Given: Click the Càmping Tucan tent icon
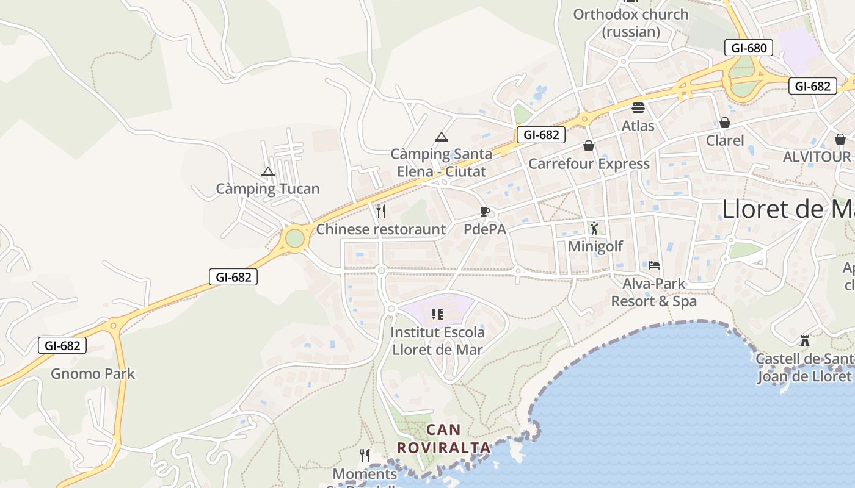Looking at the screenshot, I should pos(267,172).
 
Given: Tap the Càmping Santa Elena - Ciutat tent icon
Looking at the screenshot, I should pos(442,137).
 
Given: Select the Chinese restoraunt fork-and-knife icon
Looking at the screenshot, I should pos(381,211).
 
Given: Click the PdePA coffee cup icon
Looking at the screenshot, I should pos(485,212).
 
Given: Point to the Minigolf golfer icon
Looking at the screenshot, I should pos(594,228).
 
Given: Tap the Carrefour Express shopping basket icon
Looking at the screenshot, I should pos(589,146).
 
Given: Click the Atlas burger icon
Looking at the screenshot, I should pos(638,109).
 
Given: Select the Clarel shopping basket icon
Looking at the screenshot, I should pos(725,123).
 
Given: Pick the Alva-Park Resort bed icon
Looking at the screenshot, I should pos(654,265).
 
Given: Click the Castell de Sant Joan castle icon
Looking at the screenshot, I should pos(805,340).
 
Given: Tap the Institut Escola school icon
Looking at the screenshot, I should pos(437,314).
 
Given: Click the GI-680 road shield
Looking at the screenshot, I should pos(749,48).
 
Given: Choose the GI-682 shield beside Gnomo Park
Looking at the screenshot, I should pos(62,346).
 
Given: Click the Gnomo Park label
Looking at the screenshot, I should pos(93,373).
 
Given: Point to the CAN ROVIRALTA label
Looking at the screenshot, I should pos(443,439).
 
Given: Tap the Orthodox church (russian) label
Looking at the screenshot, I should pos(631,23).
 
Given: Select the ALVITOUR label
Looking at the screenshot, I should pos(817,157).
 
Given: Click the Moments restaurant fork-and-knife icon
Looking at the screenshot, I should pos(365,456).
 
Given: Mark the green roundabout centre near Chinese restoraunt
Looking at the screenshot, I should pos(294,238).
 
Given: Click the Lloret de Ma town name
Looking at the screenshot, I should pos(788,209).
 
